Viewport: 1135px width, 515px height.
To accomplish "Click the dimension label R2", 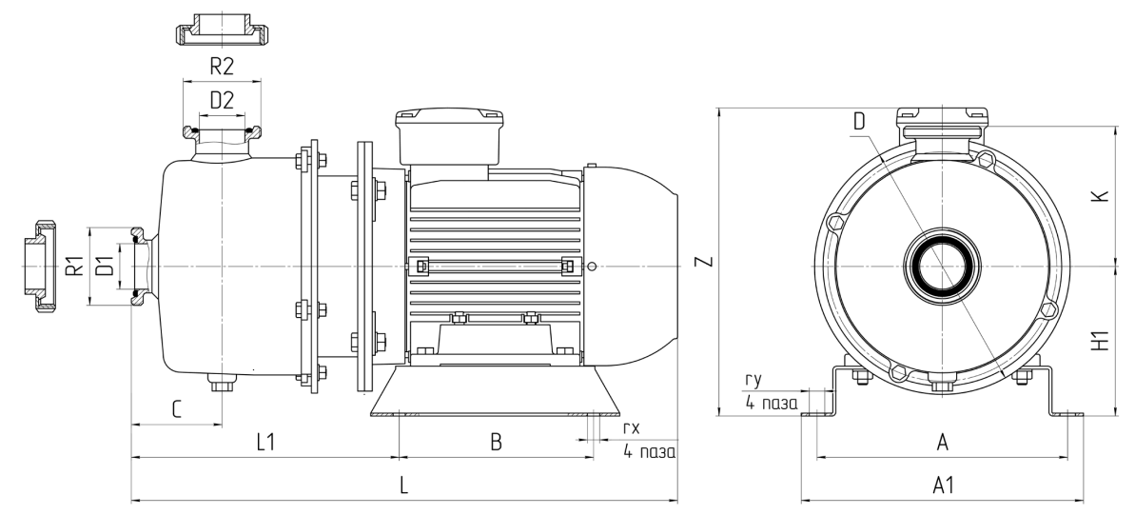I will pos(221,67).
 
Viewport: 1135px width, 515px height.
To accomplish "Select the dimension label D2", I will pos(221,98).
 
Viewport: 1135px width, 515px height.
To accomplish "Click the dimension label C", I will pos(176,409).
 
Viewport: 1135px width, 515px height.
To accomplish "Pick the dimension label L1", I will pos(265,442).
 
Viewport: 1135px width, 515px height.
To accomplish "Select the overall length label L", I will pos(403,485).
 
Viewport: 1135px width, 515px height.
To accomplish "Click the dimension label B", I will pos(495,442).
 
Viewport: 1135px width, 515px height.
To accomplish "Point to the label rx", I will pos(631,430).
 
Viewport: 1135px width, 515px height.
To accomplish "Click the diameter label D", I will pos(859,121).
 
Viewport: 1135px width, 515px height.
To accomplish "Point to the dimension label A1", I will pos(943,485).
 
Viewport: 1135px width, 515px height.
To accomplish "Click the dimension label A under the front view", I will pos(943,442).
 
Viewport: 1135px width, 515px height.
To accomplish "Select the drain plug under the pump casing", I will pos(221,385).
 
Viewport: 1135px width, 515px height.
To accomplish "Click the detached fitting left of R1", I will pos(39,267).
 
